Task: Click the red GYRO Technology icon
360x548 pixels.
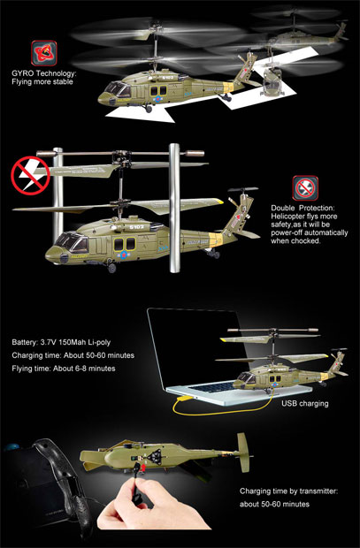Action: tap(41, 51)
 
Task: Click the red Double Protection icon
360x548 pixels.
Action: tap(304, 186)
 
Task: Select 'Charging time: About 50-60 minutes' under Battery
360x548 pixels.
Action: tap(73, 354)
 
